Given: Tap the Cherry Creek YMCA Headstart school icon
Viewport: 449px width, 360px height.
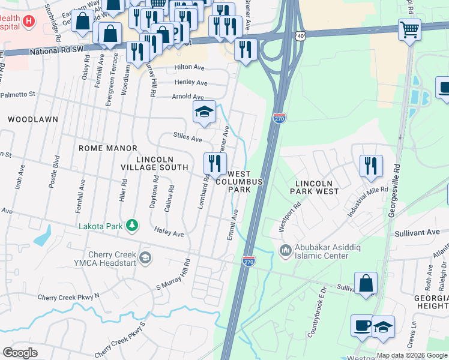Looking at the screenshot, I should pos(144,258).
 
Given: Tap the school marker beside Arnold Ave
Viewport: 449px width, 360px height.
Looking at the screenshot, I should pos(204,112).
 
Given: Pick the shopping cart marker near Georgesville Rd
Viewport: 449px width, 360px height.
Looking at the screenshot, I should pos(409,29).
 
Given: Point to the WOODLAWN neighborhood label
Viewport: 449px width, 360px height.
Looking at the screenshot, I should pos(34,119).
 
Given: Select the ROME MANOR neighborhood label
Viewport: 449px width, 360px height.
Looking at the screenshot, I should pos(109,148).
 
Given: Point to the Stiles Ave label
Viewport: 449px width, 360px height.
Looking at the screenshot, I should pos(187,138).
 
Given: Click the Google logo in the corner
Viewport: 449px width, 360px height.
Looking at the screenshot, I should pos(20,352).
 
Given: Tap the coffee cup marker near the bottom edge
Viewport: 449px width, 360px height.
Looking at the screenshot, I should pos(361,326).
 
